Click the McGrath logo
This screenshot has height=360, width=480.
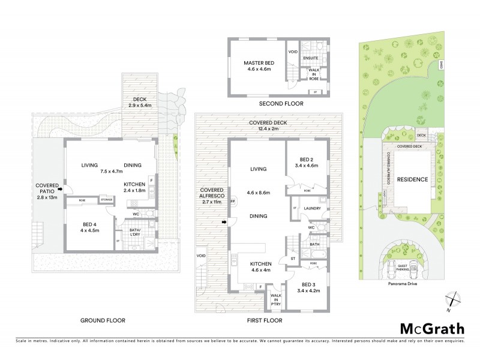(x=431, y=329)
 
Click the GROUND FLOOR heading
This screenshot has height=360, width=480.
(x=103, y=320)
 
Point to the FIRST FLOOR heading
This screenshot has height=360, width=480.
(x=264, y=320)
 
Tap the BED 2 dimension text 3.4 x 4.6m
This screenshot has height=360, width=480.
(x=306, y=165)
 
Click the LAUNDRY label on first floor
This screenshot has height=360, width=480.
(x=313, y=209)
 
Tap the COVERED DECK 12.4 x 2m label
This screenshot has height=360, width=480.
(x=268, y=126)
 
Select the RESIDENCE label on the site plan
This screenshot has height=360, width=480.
(x=413, y=179)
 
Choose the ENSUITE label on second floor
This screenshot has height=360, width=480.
(x=310, y=58)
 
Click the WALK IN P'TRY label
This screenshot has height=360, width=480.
(x=277, y=299)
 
